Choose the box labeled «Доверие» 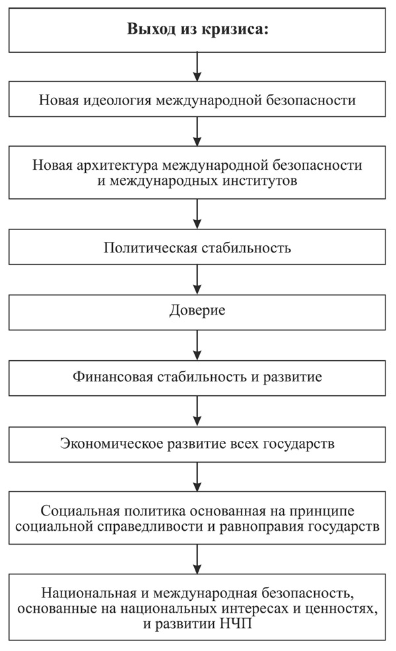pos(197,311)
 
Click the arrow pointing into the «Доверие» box pos(197,280)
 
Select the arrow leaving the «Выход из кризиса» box pos(197,67)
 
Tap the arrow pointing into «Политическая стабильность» pos(197,215)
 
